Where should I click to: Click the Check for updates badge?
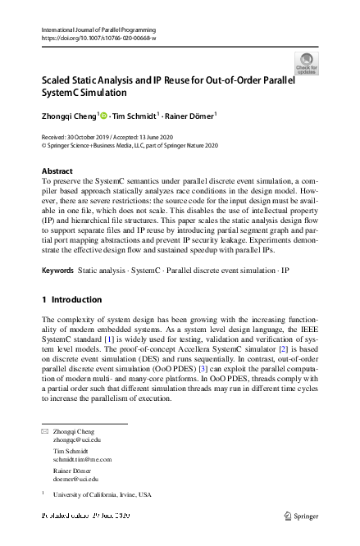click(308, 63)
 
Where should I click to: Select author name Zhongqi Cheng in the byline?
click(69, 116)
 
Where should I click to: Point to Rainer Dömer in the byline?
click(192, 116)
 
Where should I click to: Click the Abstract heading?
click(57, 171)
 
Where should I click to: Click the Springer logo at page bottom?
click(301, 516)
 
